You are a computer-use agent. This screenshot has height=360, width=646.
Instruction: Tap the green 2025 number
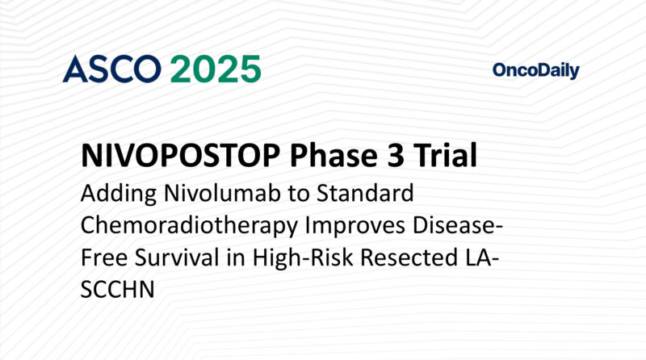[216, 69]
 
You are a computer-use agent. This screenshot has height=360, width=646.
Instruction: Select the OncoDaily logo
[535, 71]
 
